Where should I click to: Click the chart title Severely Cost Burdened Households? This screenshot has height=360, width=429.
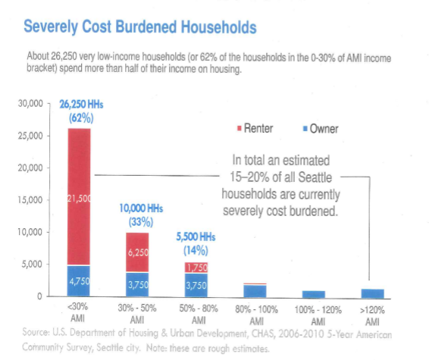point(139,27)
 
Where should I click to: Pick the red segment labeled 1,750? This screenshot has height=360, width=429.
point(196,267)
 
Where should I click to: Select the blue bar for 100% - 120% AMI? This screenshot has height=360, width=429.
point(313,294)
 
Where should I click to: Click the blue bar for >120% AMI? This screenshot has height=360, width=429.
point(372,293)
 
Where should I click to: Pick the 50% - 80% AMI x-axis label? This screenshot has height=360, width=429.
point(196,314)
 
